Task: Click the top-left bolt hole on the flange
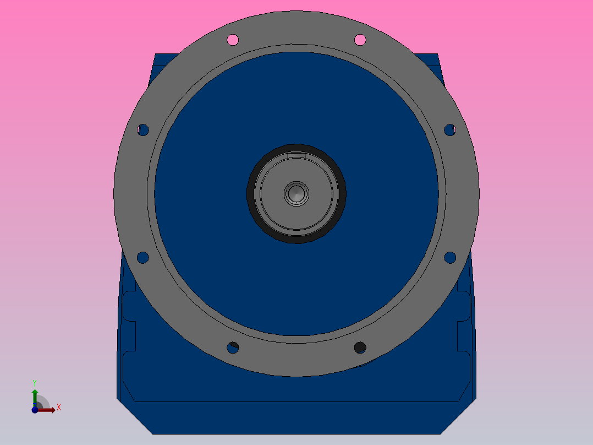pyautogui.click(x=233, y=40)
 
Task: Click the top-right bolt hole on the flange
pyautogui.click(x=360, y=40)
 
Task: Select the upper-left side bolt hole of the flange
pyautogui.click(x=143, y=130)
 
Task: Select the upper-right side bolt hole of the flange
pyautogui.click(x=449, y=130)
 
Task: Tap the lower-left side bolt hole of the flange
pyautogui.click(x=142, y=257)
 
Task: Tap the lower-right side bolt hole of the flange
pyautogui.click(x=449, y=257)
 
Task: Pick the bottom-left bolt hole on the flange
pyautogui.click(x=233, y=348)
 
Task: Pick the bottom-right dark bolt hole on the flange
pyautogui.click(x=360, y=347)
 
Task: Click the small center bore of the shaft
pyautogui.click(x=296, y=194)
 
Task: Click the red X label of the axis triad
pyautogui.click(x=58, y=408)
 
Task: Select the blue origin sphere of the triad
pyautogui.click(x=35, y=410)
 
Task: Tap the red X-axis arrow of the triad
pyautogui.click(x=48, y=410)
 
